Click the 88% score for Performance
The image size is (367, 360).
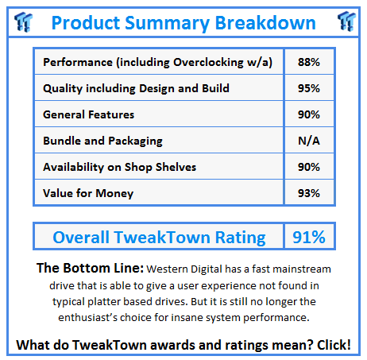click(x=310, y=62)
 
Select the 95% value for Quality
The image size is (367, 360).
click(x=310, y=88)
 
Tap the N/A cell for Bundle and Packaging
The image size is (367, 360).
click(x=310, y=141)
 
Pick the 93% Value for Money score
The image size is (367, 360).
click(x=310, y=193)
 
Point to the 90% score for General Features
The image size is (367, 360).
click(x=310, y=114)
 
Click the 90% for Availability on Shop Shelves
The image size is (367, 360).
click(x=310, y=167)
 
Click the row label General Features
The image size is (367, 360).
click(x=88, y=114)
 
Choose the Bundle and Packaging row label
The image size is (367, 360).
click(x=102, y=141)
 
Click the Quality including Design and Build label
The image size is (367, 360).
click(x=137, y=88)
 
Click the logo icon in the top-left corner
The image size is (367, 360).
click(x=22, y=21)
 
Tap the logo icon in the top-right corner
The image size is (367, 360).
click(x=346, y=21)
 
